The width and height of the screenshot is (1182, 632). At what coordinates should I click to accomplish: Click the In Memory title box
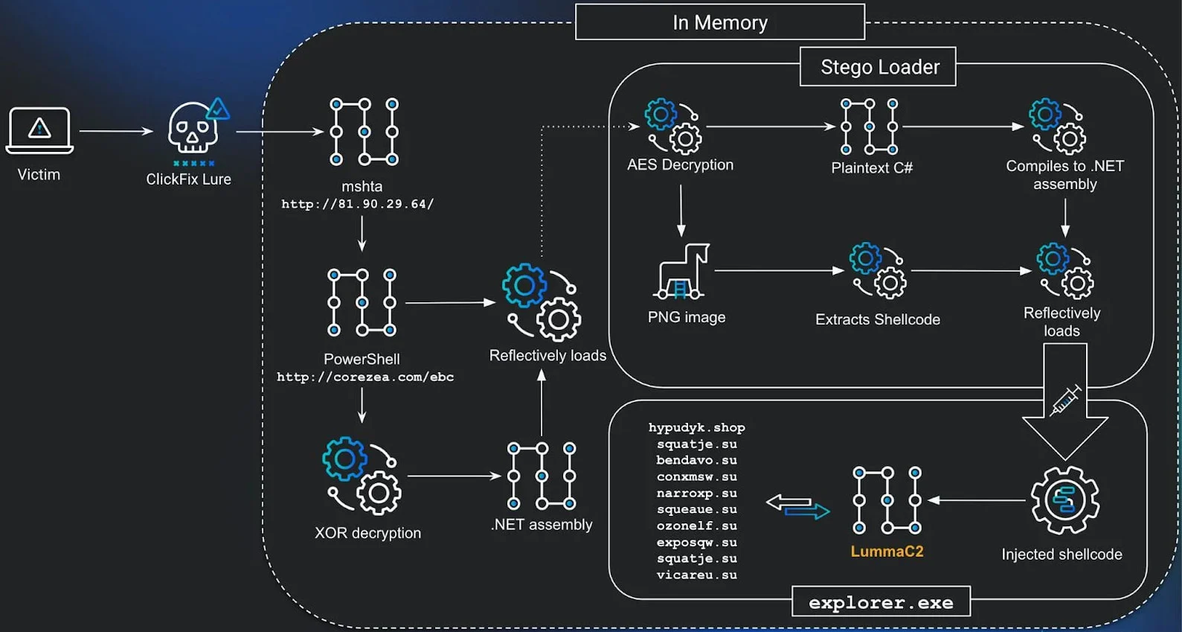719,22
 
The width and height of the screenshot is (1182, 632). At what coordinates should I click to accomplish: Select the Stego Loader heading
878,67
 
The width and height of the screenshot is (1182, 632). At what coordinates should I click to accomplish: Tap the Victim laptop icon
39,130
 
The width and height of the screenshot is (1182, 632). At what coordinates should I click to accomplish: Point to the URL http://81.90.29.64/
357,204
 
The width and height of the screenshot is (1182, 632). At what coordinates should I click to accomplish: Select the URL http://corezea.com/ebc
365,377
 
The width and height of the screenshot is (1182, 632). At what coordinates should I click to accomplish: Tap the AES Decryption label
680,165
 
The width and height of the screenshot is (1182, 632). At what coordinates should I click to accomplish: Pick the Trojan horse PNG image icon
682,271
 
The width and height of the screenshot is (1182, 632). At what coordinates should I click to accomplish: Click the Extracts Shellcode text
878,319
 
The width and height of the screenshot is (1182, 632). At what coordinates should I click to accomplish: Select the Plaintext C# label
872,167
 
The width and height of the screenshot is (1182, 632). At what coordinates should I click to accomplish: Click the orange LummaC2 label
887,551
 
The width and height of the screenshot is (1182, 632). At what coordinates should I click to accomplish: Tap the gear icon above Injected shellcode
1064,500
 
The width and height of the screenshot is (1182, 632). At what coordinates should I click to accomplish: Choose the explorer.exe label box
881,602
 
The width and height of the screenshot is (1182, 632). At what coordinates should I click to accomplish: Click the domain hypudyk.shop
696,427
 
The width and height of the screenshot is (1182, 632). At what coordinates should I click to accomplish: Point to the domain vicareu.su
696,575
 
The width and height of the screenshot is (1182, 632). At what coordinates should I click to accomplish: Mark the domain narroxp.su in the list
696,493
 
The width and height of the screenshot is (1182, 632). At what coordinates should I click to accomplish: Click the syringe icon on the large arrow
1065,400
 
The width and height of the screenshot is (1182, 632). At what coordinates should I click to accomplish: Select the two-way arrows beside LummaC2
797,507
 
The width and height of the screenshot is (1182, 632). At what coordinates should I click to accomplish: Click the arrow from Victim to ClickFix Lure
115,131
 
